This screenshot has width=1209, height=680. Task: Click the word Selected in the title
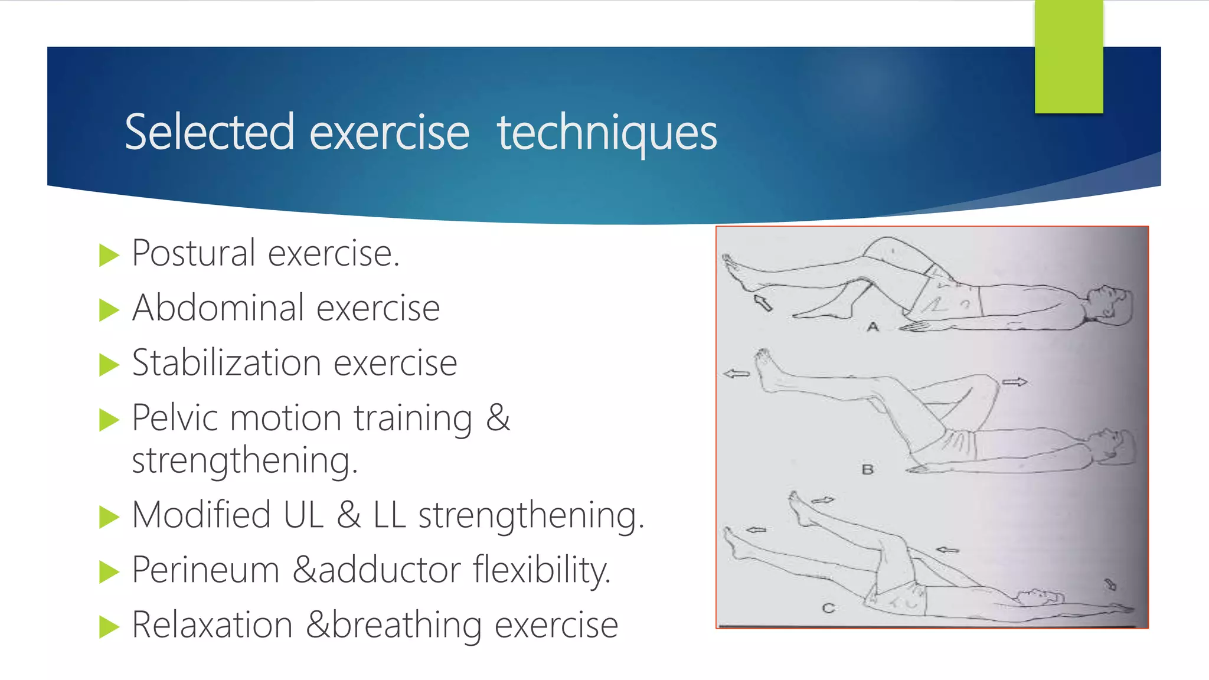tap(209, 132)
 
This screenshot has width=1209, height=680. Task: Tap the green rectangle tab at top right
tap(1069, 57)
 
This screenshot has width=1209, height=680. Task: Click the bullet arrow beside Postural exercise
tap(109, 256)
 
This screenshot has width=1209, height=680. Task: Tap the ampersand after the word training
tap(498, 418)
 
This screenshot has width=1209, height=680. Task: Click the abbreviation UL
tap(303, 515)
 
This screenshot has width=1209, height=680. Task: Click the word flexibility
tap(541, 570)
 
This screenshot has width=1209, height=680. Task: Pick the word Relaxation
tap(212, 625)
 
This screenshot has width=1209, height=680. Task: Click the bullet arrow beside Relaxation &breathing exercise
tap(109, 627)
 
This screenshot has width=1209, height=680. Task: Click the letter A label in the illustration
tap(873, 326)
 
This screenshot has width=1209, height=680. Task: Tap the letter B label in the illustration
tap(867, 470)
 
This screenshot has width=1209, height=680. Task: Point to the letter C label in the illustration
tap(828, 608)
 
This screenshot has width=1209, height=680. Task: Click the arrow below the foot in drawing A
tap(763, 303)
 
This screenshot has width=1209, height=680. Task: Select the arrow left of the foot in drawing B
tap(736, 374)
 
